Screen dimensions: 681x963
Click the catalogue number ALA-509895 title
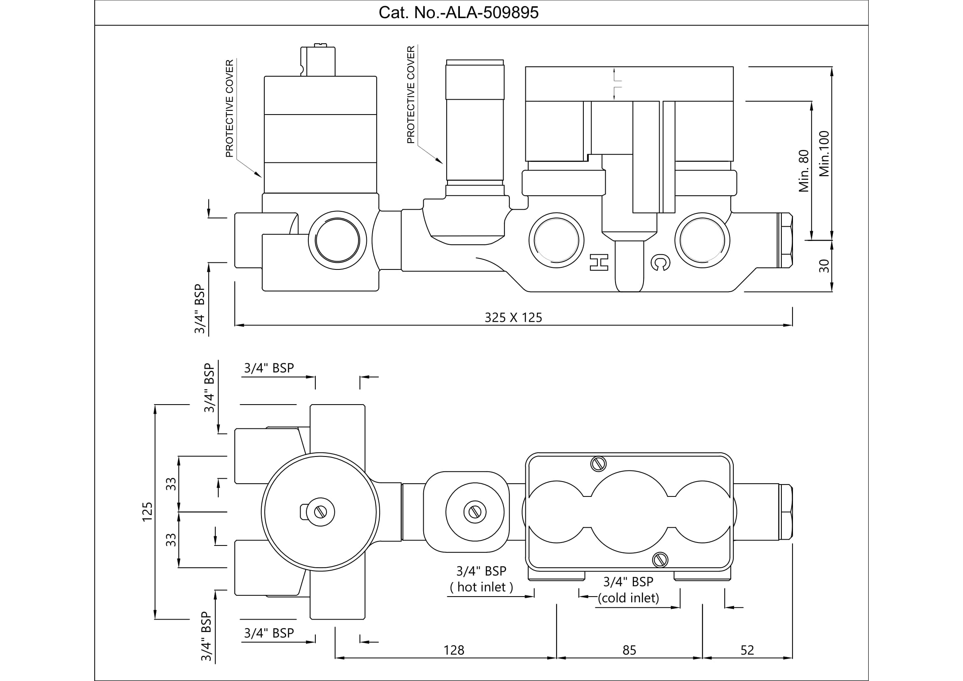[x=458, y=13]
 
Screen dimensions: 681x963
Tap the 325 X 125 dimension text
[x=513, y=318]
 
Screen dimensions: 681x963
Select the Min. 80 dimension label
[x=804, y=171]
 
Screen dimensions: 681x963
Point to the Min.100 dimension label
[x=824, y=154]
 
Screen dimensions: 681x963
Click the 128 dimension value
[x=454, y=650]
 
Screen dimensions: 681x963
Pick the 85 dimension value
[x=629, y=650]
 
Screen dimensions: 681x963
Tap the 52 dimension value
[x=747, y=650]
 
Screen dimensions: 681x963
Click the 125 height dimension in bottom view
[x=147, y=512]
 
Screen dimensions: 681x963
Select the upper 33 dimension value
[x=171, y=484]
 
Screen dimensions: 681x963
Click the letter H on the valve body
[x=599, y=262]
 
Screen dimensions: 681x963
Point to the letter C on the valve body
[x=660, y=263]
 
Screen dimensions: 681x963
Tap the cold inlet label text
[x=628, y=598]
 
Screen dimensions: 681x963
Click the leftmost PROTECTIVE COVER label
[x=229, y=109]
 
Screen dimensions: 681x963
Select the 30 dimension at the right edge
[x=824, y=266]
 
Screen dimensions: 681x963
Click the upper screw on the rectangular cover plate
[x=599, y=463]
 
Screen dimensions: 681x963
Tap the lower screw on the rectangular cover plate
[x=660, y=560]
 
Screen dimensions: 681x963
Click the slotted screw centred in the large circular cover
[x=320, y=512]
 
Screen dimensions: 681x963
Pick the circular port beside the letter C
[x=702, y=241]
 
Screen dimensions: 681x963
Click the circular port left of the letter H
[x=556, y=241]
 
